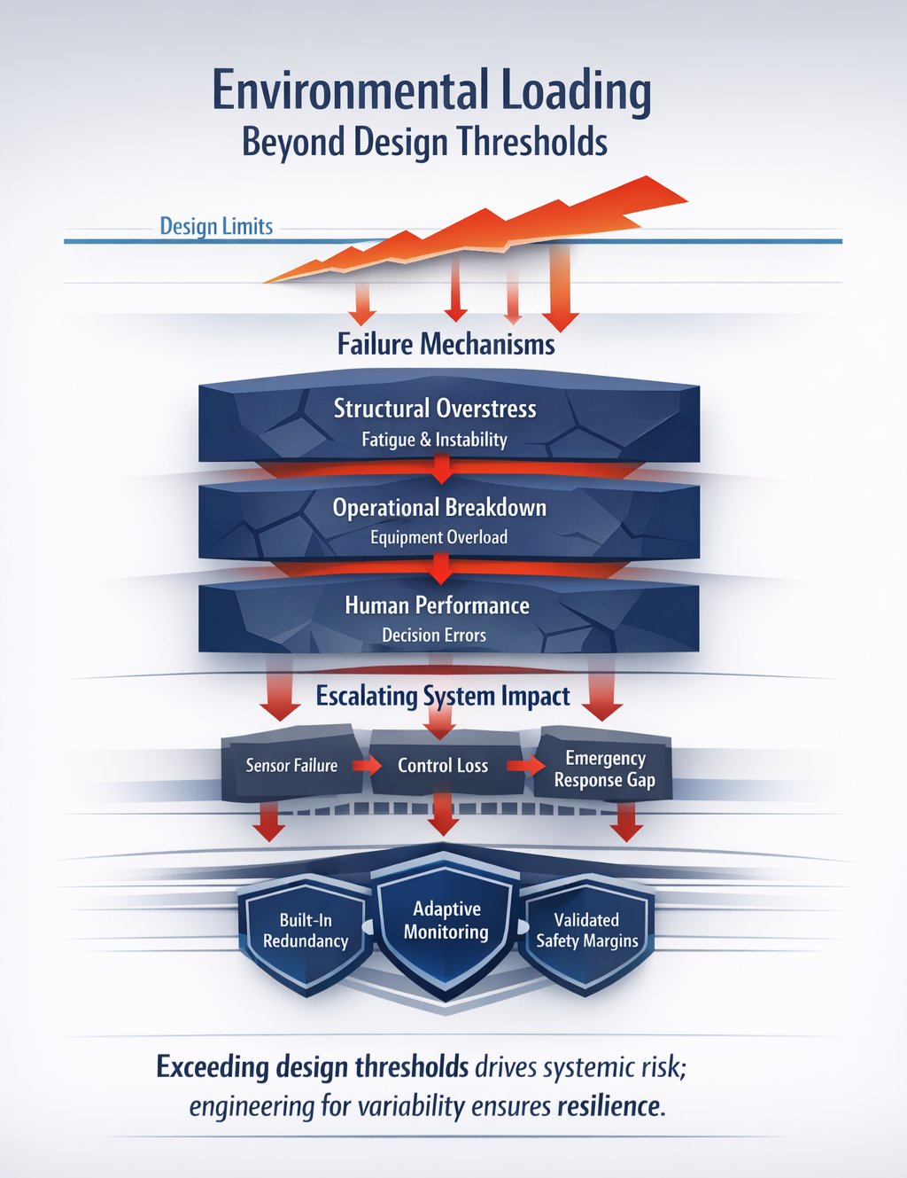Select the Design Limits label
click(216, 227)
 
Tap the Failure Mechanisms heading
click(446, 344)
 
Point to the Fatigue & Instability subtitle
click(434, 440)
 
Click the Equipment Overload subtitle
click(438, 537)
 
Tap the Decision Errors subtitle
click(434, 635)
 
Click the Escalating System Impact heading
click(443, 696)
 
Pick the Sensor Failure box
click(291, 765)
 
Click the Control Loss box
click(443, 765)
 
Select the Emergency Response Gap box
click(605, 768)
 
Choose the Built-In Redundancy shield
click(306, 931)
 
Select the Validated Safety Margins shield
click(586, 931)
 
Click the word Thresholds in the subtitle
click(539, 143)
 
